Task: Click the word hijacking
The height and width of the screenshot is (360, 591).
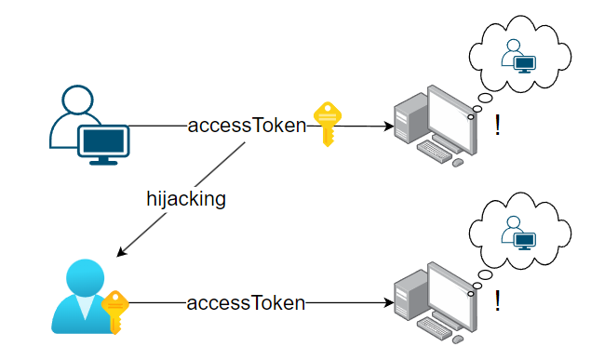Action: pos(186,199)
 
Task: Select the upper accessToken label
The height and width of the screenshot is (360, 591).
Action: pos(247,126)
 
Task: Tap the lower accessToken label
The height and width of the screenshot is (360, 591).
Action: pos(246,302)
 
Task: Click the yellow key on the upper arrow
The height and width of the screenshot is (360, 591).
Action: pos(328,124)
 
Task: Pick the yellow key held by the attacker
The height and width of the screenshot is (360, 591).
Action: pos(115,312)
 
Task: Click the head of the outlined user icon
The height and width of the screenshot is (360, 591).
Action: pos(77,100)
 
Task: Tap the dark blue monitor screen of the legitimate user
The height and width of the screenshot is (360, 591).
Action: pos(103,140)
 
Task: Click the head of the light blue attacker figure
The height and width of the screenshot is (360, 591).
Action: pos(86,277)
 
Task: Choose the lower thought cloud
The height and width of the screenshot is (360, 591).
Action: pos(520,231)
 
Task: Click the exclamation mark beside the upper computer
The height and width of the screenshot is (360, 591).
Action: pos(498,126)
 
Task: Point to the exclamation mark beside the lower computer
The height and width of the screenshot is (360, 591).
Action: pos(498,300)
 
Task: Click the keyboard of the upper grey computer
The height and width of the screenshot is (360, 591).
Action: pos(435,151)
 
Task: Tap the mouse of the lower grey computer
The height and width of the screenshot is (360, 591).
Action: pos(458,340)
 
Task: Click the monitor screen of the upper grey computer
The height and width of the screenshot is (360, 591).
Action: pos(450,119)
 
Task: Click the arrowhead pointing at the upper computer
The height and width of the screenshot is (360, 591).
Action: pos(389,127)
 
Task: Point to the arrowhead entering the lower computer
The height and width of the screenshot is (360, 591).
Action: pos(389,302)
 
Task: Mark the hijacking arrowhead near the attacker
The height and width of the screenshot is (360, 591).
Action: pos(121,252)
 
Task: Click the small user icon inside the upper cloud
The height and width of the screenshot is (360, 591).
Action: pos(518,56)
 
